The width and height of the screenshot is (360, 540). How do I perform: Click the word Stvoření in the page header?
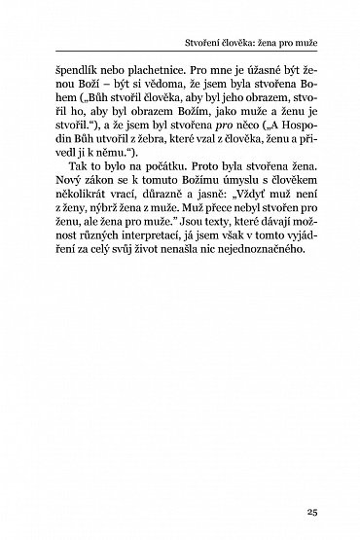(x=204, y=45)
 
